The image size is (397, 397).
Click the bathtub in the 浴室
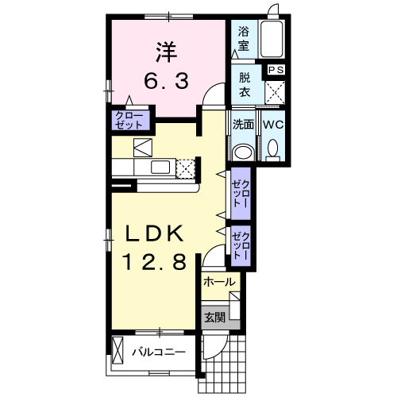[x=272, y=39]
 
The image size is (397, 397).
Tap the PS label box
[x=276, y=70]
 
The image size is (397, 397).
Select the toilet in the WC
[x=272, y=150]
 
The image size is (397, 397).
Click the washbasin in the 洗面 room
[x=243, y=152]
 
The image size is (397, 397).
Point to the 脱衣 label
[x=245, y=85]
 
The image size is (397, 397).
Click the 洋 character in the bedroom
[x=167, y=52]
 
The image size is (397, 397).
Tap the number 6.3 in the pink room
[x=167, y=81]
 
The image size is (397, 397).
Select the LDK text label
[x=154, y=233]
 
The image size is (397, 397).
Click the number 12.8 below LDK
[x=154, y=261]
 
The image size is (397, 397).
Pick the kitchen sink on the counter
[x=160, y=167]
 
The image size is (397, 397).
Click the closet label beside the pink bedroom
[x=129, y=121]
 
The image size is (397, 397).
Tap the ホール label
[x=219, y=282]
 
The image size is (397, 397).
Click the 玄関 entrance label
[x=215, y=317]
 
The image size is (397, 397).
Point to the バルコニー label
[x=159, y=352]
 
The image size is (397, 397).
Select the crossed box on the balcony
[x=118, y=350]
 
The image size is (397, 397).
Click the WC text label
[x=273, y=125]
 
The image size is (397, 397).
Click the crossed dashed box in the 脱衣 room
[x=275, y=92]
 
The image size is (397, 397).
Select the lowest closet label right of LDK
[x=241, y=245]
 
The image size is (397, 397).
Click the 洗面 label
[x=243, y=125]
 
